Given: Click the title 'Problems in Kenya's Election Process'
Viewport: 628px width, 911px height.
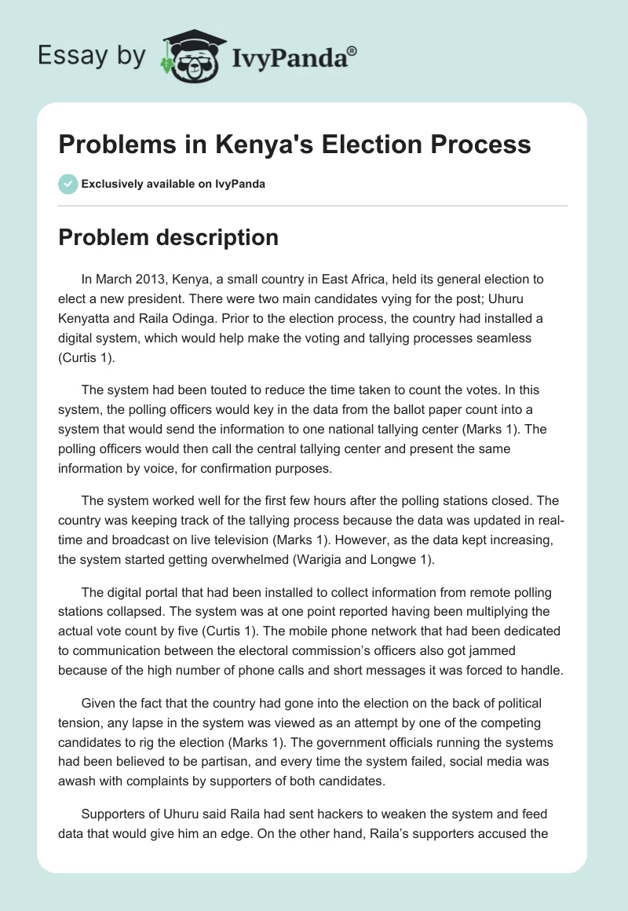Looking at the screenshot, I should click(x=294, y=145).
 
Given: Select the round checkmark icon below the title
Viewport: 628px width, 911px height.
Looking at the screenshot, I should click(x=68, y=184).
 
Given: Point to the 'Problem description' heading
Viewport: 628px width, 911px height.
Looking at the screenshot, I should click(x=168, y=237).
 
